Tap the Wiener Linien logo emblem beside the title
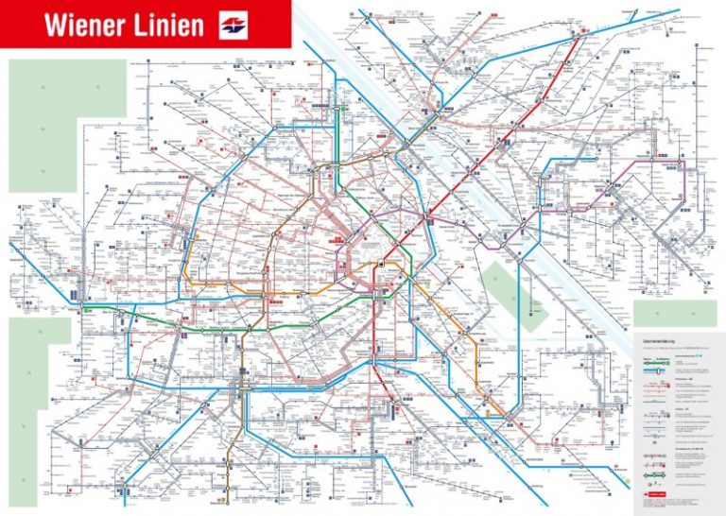233,25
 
